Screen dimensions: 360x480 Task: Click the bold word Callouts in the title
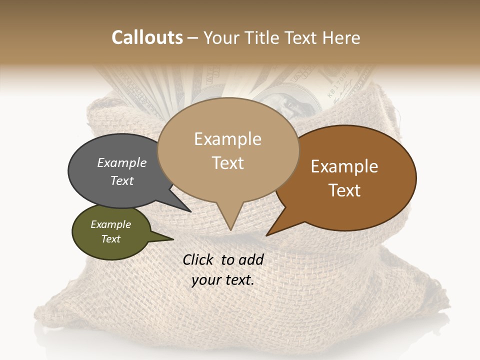(x=147, y=37)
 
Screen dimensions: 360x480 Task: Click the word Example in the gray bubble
(x=121, y=162)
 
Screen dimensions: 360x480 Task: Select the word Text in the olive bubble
(x=110, y=239)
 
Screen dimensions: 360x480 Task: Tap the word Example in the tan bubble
(x=227, y=139)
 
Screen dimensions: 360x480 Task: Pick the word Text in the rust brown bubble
(x=345, y=190)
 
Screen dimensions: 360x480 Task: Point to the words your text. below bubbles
(x=222, y=280)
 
